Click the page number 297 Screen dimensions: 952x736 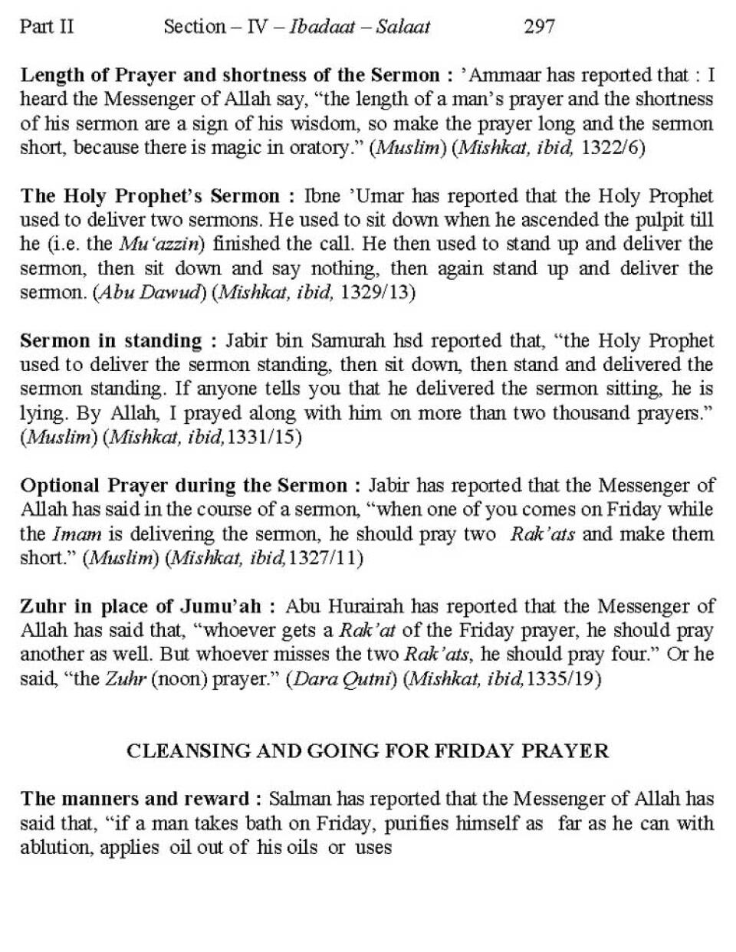tap(539, 27)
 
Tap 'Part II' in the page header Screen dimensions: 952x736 tap(47, 27)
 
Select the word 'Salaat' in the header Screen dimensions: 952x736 tap(403, 27)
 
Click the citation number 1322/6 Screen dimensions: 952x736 tap(613, 148)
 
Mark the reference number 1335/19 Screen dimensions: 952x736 tap(562, 679)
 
